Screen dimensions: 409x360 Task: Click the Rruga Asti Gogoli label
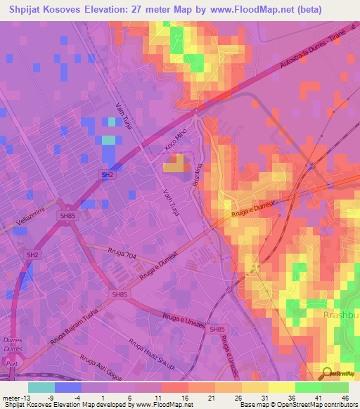(x=104, y=371)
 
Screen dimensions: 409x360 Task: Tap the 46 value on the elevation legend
(x=345, y=398)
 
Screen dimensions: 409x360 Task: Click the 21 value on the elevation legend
(x=212, y=398)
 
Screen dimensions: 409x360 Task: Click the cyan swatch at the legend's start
(x=41, y=387)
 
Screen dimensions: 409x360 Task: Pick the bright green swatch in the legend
(x=308, y=387)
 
